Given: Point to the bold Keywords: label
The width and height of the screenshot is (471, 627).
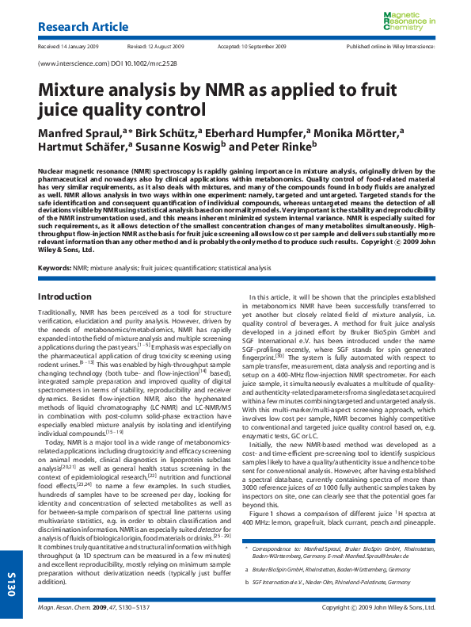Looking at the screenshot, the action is point(55,269).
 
